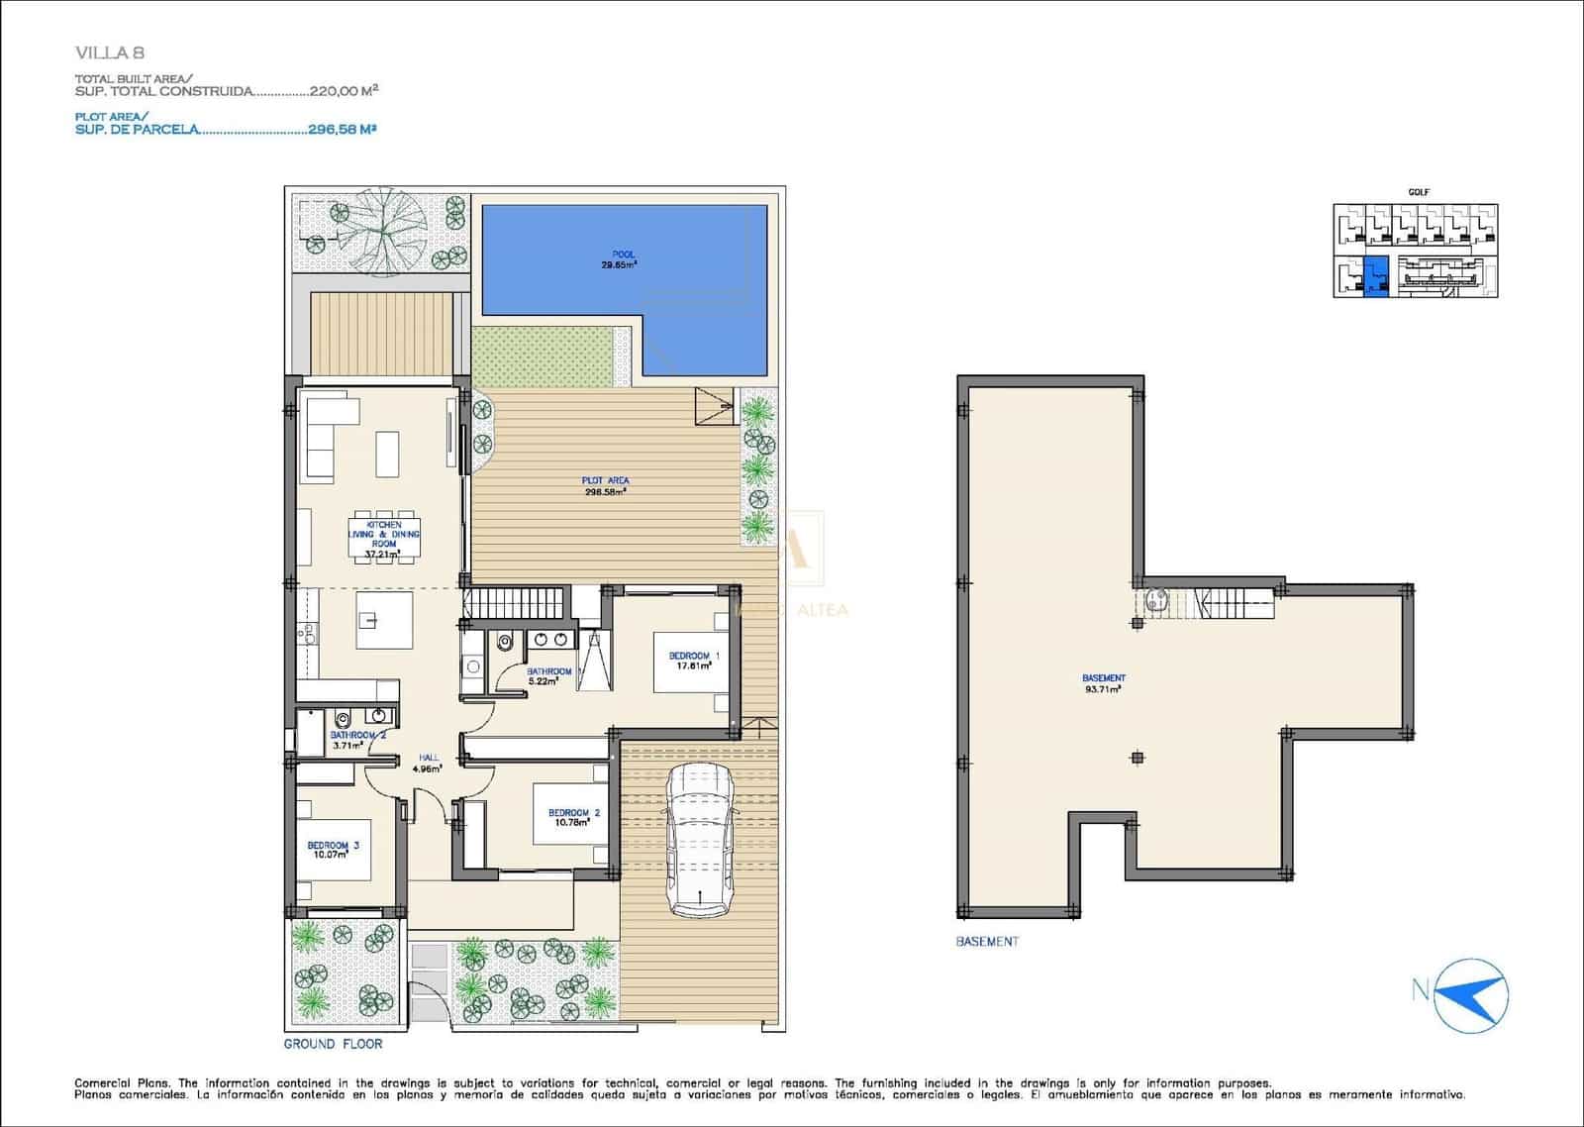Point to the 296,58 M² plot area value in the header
coord(341,129)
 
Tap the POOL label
coord(623,259)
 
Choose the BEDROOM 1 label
coord(694,661)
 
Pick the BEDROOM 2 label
coord(573,817)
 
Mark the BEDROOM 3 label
coord(333,850)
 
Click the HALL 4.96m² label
coord(428,762)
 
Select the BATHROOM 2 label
coord(357,740)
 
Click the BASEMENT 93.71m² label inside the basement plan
coord(1103,683)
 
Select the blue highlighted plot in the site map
coord(1375,276)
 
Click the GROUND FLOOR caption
coord(333,1044)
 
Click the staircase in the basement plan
coord(1233,603)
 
